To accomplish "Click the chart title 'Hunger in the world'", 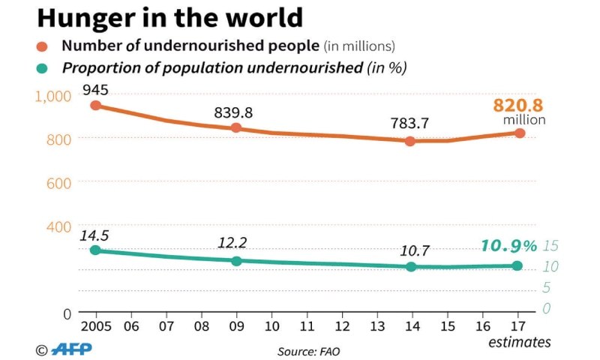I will point(169,17).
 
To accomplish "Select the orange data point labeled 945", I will point(95,106).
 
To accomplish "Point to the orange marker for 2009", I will point(236,128).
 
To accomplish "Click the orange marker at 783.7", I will point(410,141).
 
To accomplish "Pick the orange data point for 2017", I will point(519,133).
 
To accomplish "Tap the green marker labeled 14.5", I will point(95,250).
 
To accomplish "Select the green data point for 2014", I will point(410,266).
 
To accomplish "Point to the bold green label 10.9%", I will point(509,246).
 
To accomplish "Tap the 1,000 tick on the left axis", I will point(52,95).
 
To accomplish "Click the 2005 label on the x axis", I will point(95,326).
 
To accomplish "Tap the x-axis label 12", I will point(341,326).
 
